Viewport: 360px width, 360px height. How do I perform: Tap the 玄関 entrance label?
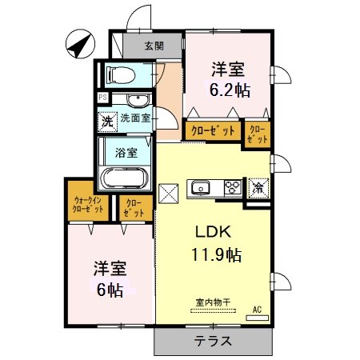(154, 46)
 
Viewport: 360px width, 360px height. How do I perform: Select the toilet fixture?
(122, 74)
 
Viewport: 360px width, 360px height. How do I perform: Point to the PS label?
(102, 98)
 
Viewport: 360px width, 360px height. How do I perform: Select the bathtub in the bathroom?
(125, 178)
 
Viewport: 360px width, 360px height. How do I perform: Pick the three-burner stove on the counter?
(232, 189)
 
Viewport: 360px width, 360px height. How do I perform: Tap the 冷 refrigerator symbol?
(258, 189)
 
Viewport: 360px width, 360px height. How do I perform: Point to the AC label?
(258, 309)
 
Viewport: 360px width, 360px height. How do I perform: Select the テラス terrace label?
(214, 341)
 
